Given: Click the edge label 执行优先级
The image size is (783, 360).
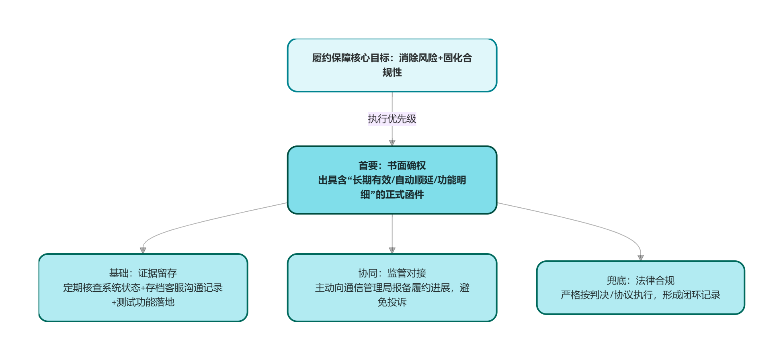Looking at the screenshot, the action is point(392,119).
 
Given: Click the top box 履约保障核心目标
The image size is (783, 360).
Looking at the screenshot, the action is point(392,65).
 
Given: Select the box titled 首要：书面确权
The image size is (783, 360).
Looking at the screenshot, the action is point(392,180).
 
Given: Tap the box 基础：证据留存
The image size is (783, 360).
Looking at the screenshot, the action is point(143,288).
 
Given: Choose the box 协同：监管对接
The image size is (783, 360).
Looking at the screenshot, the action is point(392,288).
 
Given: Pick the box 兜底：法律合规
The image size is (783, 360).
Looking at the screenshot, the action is point(641,288).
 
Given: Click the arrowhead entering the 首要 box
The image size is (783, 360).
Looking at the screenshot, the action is point(392,143).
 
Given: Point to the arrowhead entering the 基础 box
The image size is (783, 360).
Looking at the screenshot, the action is point(143,250).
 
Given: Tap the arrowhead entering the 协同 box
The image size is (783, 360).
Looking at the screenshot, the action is point(392,250).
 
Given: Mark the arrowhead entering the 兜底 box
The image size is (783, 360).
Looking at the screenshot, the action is point(641,258).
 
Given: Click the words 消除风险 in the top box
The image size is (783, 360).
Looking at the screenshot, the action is point(418,58).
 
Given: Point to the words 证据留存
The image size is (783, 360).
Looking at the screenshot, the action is point(158,273).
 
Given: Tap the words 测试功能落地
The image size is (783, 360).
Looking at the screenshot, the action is point(146,302).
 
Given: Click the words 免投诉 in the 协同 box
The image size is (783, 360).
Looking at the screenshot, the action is point(392,302).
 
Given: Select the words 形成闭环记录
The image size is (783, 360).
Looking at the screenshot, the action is point(691,295).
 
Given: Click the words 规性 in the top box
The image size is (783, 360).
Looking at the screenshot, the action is point(392,72).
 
